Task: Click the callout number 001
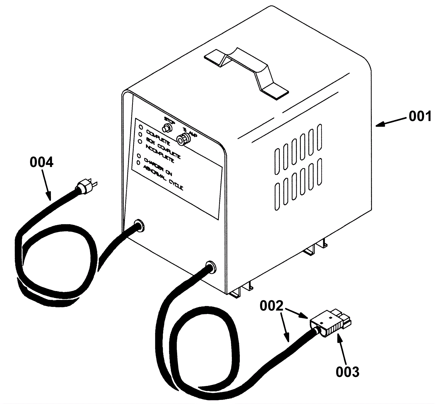(x=420, y=116)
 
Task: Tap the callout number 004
(x=42, y=163)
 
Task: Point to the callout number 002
(x=271, y=306)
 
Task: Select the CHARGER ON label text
(x=158, y=167)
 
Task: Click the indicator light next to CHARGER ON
(x=139, y=156)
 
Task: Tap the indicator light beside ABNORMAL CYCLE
(x=138, y=163)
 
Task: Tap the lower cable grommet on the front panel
(x=210, y=267)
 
